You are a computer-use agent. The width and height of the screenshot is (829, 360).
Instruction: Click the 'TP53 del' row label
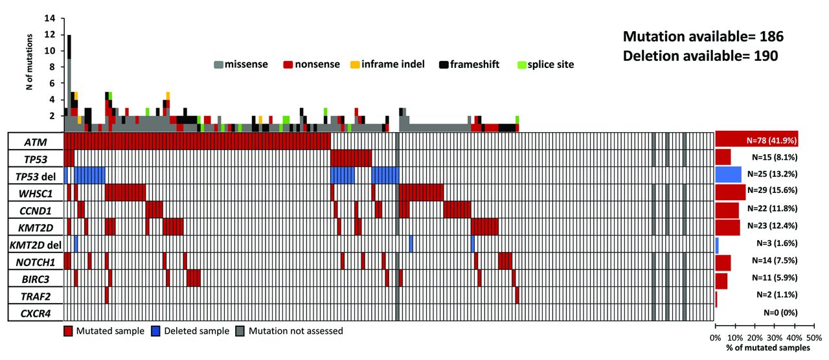click(35, 175)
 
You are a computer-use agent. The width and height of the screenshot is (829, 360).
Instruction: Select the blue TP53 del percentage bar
click(728, 174)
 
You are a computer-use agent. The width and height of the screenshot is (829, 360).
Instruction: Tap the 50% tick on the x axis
click(814, 337)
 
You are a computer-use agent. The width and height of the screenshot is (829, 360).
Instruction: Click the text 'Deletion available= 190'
click(701, 56)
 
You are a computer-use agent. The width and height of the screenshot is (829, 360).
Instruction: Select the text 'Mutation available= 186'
click(703, 36)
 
